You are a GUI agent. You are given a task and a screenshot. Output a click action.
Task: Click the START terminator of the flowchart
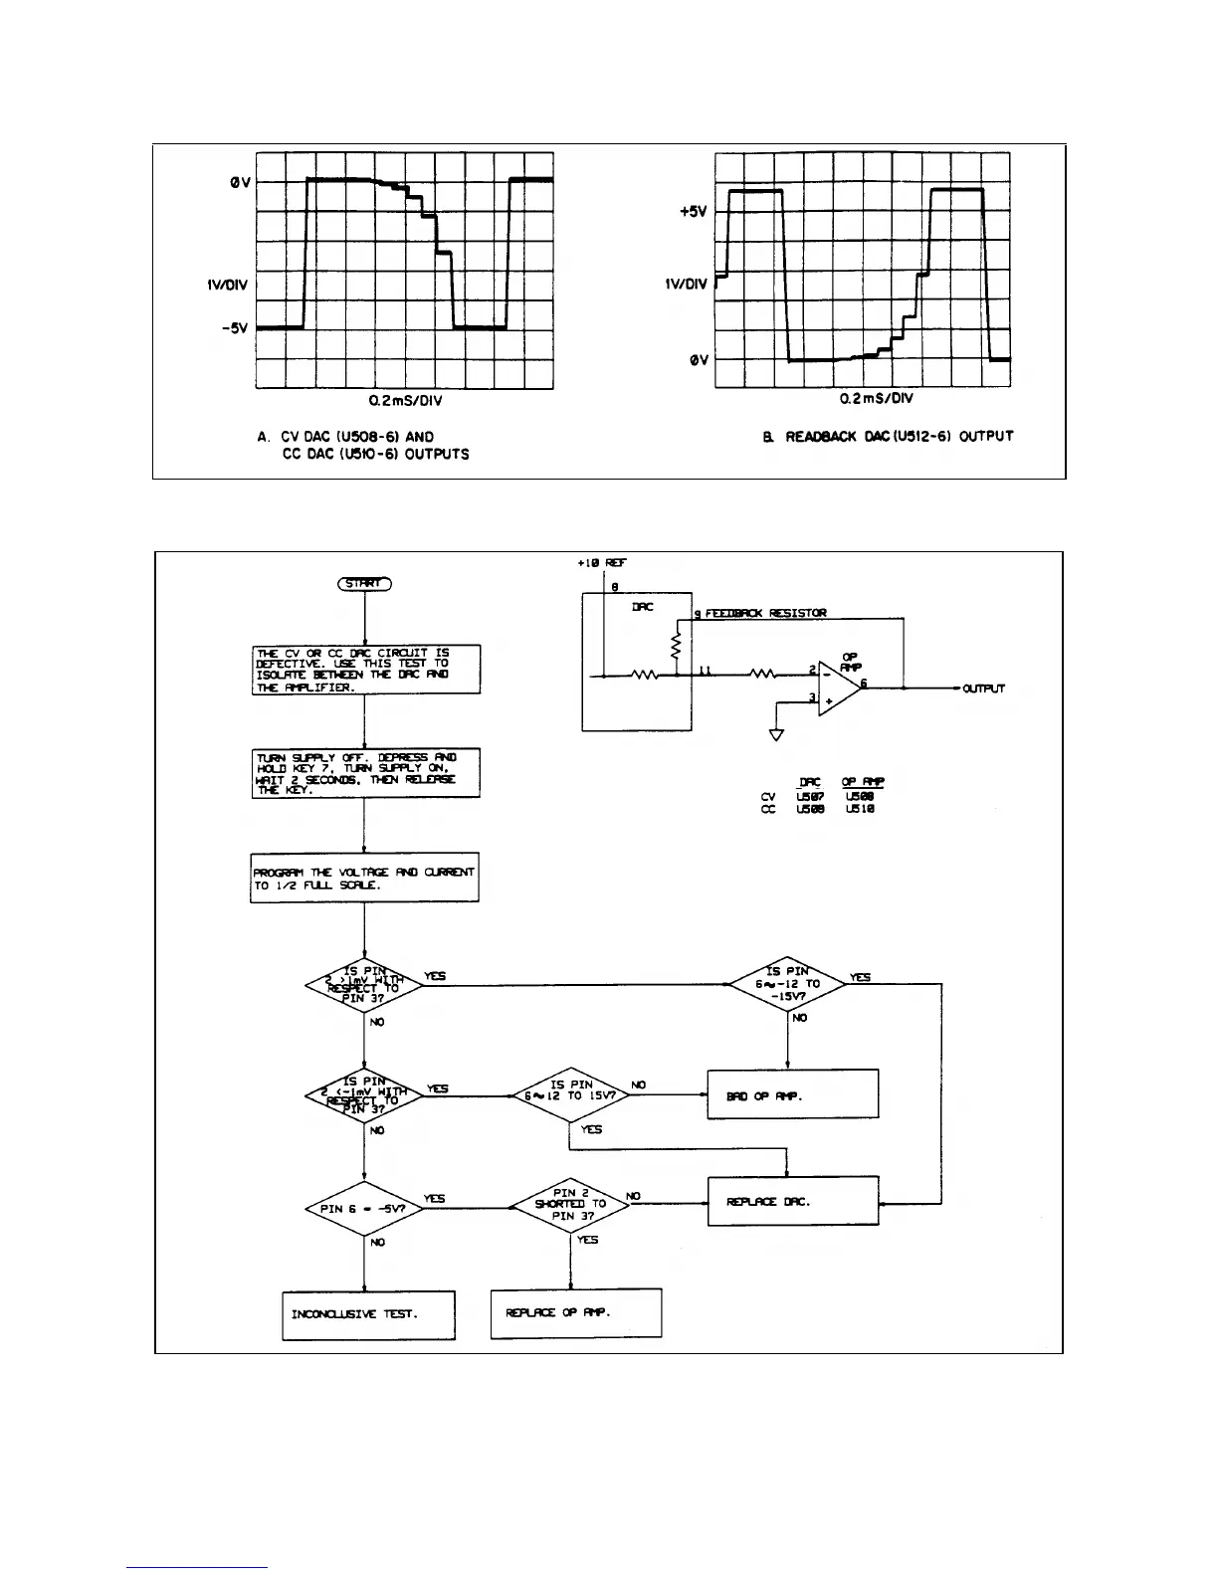(x=365, y=584)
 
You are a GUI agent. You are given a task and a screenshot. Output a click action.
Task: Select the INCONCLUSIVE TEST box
(x=368, y=1314)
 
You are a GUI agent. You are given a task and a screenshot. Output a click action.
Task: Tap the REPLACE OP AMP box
(x=576, y=1313)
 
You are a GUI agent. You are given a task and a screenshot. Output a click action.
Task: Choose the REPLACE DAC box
(x=792, y=1202)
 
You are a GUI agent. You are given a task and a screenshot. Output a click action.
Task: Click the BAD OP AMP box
(x=792, y=1094)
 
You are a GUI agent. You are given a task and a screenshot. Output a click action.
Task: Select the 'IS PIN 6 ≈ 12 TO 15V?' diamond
(x=570, y=1096)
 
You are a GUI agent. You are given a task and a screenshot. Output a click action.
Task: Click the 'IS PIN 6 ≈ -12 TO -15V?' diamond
(x=787, y=984)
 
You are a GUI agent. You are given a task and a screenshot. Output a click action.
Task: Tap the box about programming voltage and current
(x=364, y=878)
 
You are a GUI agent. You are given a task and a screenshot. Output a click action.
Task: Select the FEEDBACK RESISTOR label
(x=765, y=613)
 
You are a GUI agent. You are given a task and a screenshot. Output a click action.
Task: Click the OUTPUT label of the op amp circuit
(x=983, y=689)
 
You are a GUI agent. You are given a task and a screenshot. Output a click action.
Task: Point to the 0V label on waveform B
(x=700, y=360)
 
